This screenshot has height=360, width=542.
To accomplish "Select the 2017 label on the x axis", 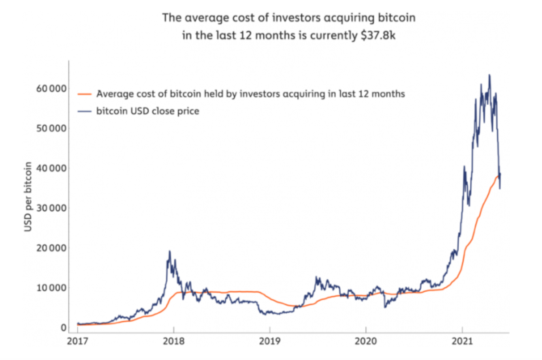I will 77,342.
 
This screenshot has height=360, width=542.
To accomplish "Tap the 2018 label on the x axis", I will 173,342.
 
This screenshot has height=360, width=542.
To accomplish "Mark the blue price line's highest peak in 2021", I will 489,75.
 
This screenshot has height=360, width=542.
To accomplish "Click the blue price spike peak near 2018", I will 170,251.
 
